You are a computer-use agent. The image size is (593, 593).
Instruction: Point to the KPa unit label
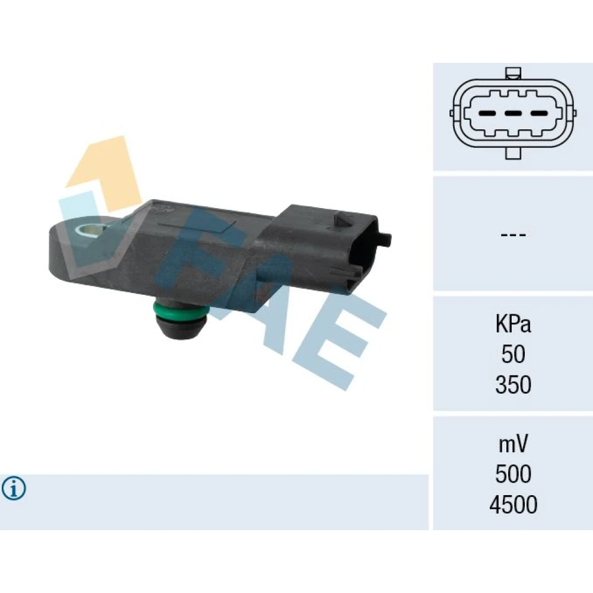click(513, 324)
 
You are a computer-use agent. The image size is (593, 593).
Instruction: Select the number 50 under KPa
click(513, 355)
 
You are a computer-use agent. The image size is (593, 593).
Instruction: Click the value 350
click(513, 385)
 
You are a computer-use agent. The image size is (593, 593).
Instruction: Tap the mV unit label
click(513, 444)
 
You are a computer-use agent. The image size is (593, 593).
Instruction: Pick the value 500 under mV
click(513, 474)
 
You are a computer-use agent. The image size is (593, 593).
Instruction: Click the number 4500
click(513, 504)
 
